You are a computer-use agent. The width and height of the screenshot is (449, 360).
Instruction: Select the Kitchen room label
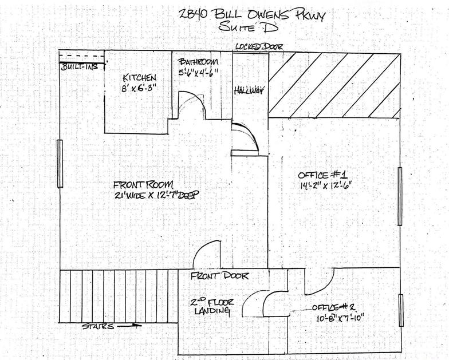pyautogui.click(x=139, y=77)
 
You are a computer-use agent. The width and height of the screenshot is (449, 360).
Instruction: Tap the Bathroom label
pyautogui.click(x=198, y=62)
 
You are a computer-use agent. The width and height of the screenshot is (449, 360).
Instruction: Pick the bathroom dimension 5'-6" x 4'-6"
pyautogui.click(x=198, y=72)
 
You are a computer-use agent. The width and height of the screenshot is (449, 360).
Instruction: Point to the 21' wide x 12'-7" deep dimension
pyautogui.click(x=155, y=195)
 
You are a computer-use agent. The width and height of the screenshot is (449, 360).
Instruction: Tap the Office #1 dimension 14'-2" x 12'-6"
pyautogui.click(x=325, y=185)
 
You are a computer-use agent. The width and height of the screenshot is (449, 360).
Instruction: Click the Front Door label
pyautogui.click(x=219, y=276)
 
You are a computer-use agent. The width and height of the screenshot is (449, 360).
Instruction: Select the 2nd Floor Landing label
pyautogui.click(x=210, y=306)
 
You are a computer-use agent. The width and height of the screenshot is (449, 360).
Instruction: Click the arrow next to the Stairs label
pyautogui.click(x=130, y=326)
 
